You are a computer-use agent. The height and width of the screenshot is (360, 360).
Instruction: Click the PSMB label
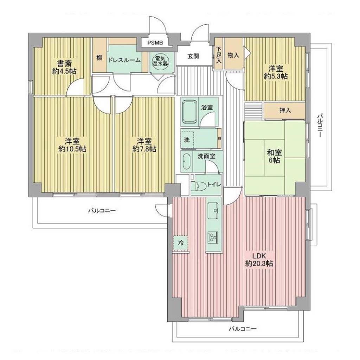155,43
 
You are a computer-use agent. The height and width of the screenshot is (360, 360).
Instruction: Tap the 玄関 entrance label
193,56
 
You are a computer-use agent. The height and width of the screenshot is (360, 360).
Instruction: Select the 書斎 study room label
64,63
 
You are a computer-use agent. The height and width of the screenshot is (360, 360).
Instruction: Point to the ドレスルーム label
124,60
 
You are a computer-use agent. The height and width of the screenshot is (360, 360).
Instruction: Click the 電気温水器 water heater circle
160,61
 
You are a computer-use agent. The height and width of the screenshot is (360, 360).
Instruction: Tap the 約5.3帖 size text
276,76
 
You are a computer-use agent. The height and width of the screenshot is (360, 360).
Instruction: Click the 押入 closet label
285,110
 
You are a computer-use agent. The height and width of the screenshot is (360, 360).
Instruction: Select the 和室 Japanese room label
274,153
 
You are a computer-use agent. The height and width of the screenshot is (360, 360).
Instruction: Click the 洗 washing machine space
187,139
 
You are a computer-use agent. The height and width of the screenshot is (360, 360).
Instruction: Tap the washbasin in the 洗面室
186,161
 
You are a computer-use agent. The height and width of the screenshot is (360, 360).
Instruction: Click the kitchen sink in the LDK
213,211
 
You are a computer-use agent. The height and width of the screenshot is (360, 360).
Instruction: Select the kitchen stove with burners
213,237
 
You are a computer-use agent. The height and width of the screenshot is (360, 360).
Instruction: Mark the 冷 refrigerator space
181,243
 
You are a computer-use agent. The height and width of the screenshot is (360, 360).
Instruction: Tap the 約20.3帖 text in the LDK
259,264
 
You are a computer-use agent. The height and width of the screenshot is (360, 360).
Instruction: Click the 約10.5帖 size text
72,149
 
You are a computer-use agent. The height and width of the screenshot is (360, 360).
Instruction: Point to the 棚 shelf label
99,58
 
